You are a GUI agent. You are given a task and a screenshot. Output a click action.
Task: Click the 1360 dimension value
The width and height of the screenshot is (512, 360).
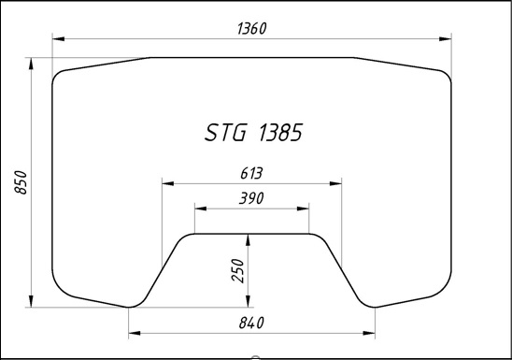(251, 28)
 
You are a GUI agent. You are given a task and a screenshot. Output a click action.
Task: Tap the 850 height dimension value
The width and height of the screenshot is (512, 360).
(21, 182)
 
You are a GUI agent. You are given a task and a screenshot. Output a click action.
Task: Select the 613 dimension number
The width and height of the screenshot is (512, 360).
(251, 174)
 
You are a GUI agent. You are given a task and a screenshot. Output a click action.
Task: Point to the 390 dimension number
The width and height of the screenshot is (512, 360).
(251, 198)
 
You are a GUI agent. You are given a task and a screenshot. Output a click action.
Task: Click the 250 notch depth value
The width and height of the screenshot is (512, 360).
(237, 270)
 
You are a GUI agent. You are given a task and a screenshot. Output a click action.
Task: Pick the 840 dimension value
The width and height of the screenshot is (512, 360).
(251, 323)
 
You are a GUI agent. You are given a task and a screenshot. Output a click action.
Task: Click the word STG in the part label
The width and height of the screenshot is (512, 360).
(225, 132)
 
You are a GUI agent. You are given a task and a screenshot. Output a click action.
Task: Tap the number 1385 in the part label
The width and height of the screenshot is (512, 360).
(280, 132)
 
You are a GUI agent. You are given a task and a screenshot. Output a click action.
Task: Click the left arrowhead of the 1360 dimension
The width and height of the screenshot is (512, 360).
(58, 39)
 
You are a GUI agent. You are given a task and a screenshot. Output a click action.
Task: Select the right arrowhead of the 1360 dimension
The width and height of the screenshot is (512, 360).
(446, 39)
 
